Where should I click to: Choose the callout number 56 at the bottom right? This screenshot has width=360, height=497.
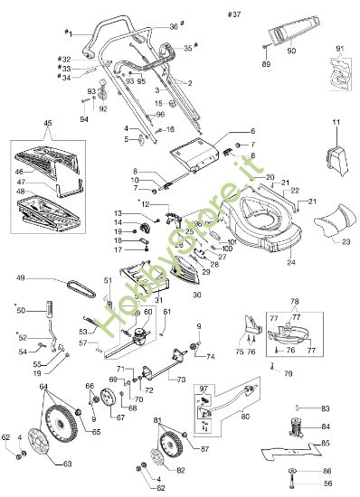pos(327,484)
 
